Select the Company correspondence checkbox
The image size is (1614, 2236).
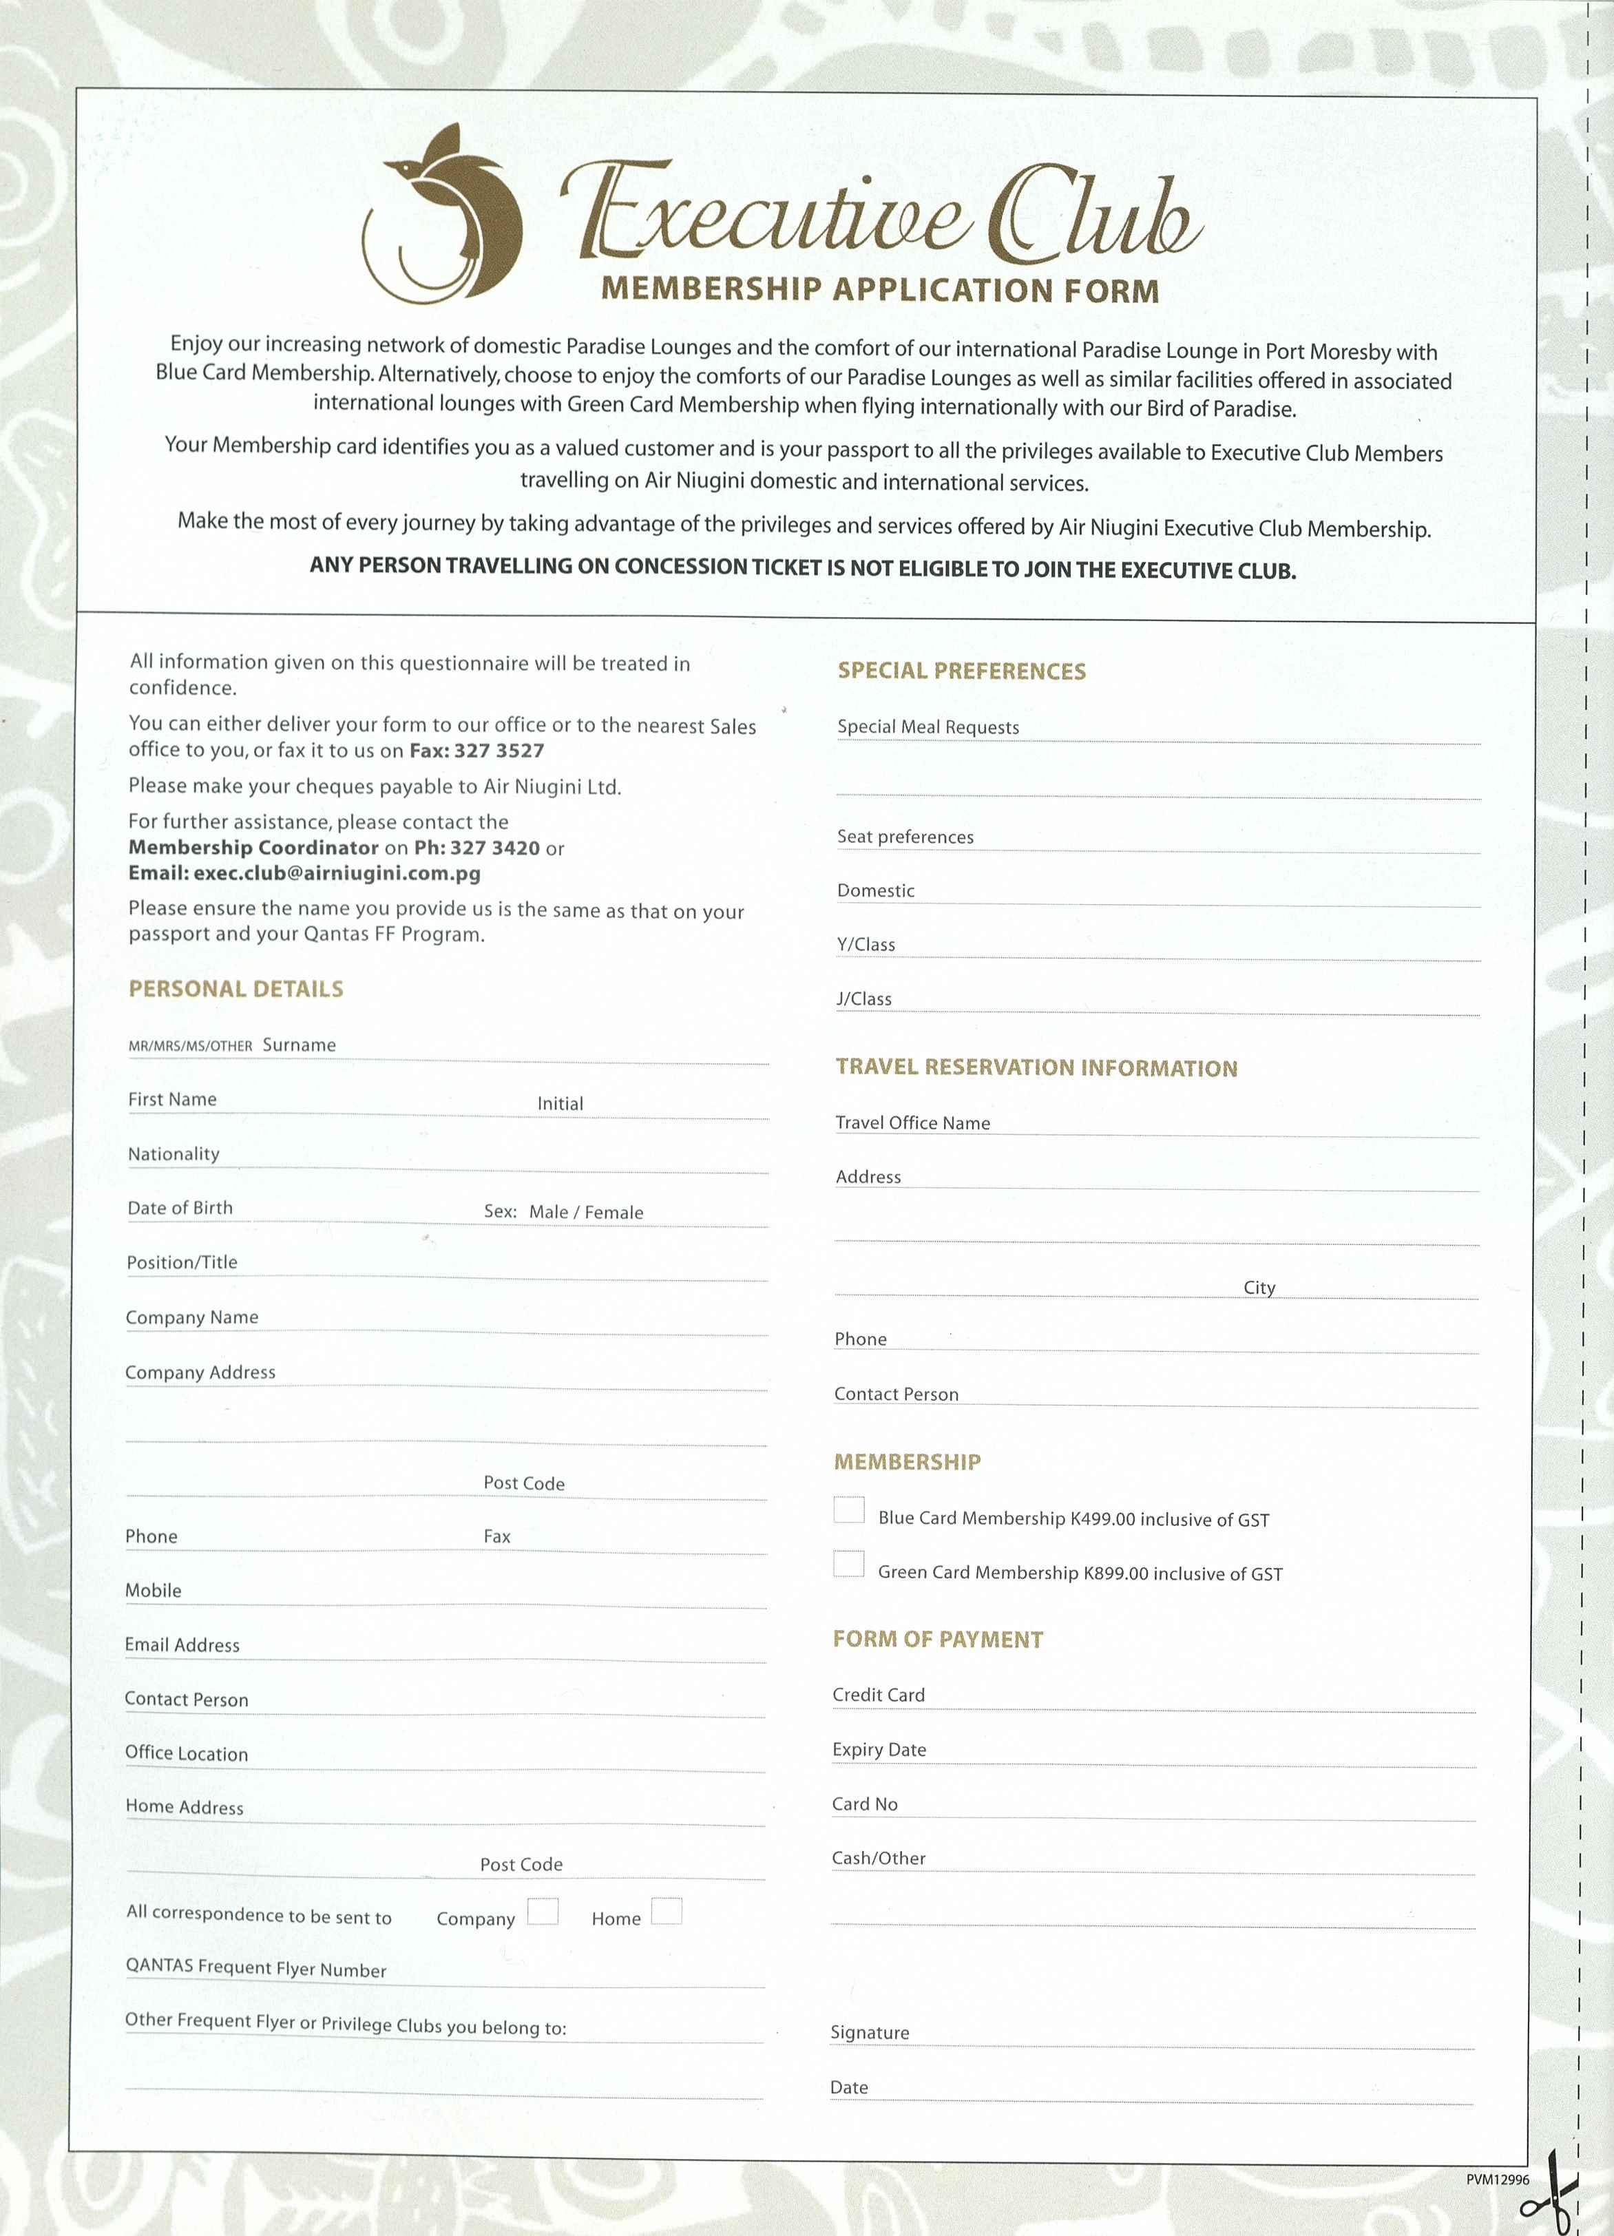point(543,1911)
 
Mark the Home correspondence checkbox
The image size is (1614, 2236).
point(667,1911)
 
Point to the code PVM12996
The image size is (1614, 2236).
point(1497,2180)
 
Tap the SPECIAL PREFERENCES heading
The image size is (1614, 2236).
point(961,671)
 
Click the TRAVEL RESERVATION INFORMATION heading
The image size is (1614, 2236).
point(1036,1067)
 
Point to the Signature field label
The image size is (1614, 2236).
point(870,2032)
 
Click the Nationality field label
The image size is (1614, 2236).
point(174,1153)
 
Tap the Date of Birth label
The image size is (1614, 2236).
point(180,1208)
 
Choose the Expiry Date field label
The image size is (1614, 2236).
point(879,1749)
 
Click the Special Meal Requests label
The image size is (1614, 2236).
point(927,727)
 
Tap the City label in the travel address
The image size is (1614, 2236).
point(1259,1288)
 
